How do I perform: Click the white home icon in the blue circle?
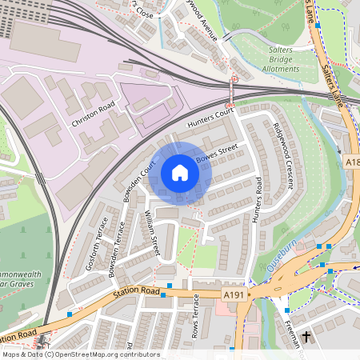[180, 173]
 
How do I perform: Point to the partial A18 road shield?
[353, 162]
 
